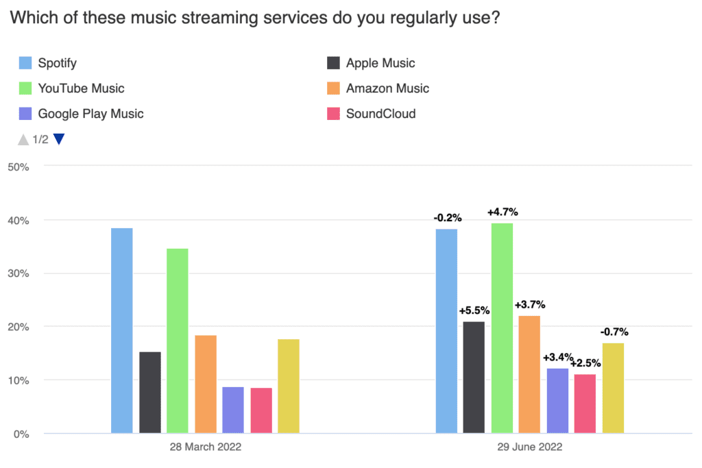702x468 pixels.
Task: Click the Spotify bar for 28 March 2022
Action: point(122,330)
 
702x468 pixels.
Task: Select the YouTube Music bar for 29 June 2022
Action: point(502,328)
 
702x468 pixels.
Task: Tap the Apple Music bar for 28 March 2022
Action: point(150,392)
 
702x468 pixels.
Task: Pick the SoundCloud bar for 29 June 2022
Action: point(585,404)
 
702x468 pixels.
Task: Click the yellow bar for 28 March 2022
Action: point(289,386)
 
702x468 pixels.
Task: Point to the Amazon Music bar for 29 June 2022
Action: point(529,374)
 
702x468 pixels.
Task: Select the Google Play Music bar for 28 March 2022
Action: point(233,410)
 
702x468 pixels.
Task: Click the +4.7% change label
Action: point(502,212)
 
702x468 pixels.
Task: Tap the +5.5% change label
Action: point(474,311)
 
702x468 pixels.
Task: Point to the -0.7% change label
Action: point(614,332)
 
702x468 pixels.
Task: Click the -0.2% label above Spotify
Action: point(447,218)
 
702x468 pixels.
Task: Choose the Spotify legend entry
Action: point(57,64)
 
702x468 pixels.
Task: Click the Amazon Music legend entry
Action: point(387,88)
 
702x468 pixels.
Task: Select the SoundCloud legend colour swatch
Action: point(335,114)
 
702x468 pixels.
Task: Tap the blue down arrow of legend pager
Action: point(59,139)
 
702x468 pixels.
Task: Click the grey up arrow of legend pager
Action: point(23,139)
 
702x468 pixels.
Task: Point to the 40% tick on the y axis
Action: point(18,220)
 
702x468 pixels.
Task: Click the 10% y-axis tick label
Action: point(18,380)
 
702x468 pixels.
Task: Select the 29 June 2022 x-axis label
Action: point(530,447)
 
